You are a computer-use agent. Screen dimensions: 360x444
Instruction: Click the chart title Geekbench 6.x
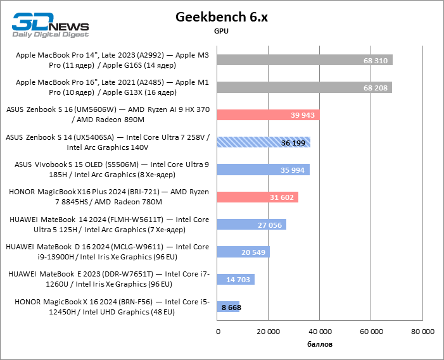(222, 17)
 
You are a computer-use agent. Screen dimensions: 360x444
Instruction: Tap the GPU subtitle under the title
(222, 30)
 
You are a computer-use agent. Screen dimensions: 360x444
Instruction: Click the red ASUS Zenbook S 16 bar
(267, 115)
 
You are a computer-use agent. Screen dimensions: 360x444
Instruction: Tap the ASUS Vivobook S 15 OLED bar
(263, 170)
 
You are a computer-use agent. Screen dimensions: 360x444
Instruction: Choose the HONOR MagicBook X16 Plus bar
(257, 197)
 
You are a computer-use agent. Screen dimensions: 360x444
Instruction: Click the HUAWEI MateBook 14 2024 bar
(251, 225)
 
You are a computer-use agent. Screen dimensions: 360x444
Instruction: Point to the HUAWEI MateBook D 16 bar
(243, 252)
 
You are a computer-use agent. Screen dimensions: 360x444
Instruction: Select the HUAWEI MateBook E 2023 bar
(236, 279)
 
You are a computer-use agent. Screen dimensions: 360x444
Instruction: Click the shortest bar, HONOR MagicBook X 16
(228, 307)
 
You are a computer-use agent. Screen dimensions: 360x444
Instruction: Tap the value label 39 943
(303, 115)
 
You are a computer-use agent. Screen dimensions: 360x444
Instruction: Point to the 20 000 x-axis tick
(269, 332)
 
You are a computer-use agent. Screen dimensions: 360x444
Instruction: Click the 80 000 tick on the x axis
(422, 332)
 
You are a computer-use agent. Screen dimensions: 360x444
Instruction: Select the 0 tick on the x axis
(218, 332)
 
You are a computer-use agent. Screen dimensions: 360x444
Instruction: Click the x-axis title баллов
(320, 344)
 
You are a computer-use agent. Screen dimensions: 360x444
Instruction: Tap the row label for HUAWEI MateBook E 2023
(108, 279)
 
